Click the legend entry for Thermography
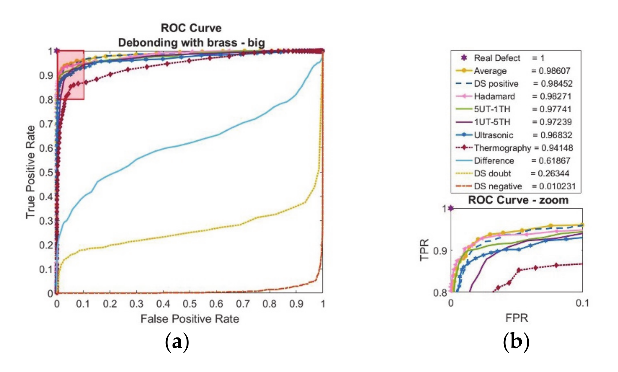point(502,148)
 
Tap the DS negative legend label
point(498,186)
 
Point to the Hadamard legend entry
point(494,96)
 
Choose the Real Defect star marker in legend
point(464,58)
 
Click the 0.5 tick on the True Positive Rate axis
point(46,172)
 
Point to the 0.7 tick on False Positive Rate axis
point(243,304)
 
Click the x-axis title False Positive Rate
point(190,319)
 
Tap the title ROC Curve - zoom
point(518,200)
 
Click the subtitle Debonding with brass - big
point(191,43)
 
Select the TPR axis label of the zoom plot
point(424,250)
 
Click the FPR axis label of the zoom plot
point(517,318)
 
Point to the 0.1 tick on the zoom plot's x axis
point(582,303)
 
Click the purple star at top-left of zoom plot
point(451,208)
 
